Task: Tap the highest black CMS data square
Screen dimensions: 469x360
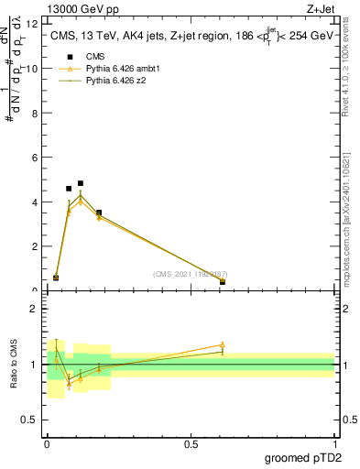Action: click(81, 183)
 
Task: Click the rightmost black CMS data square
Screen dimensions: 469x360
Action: click(223, 282)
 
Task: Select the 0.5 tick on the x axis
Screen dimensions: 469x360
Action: click(191, 443)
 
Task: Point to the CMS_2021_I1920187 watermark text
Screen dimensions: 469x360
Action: click(190, 274)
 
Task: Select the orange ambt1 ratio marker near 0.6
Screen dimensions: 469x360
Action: click(223, 345)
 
